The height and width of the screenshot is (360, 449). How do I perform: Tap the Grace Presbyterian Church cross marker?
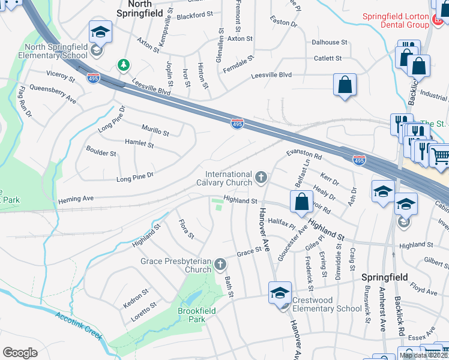(220, 264)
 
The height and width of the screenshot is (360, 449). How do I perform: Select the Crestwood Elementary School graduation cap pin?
(280, 293)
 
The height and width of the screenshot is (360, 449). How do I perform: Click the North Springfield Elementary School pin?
(100, 33)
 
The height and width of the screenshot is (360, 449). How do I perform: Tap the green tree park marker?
(123, 64)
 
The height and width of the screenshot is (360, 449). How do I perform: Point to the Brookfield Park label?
(191, 315)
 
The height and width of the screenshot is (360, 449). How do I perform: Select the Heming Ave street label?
(76, 199)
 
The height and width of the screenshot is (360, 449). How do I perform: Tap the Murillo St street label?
(155, 130)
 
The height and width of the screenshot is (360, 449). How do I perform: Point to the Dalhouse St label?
(330, 43)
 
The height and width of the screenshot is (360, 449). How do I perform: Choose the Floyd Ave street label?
(424, 290)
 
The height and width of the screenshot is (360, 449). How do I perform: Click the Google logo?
(20, 353)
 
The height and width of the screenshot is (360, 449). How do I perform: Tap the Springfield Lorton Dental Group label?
(396, 20)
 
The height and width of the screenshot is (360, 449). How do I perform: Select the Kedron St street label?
(136, 296)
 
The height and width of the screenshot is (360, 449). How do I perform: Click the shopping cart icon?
(441, 156)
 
